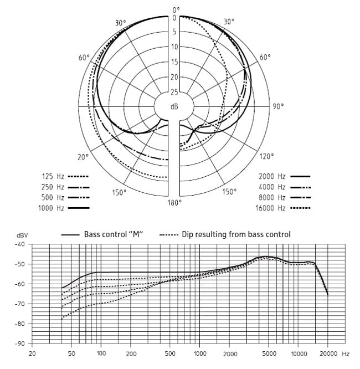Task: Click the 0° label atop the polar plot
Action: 176,9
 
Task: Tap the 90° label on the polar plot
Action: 277,106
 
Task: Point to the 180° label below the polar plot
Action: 174,203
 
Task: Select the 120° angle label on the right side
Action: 266,157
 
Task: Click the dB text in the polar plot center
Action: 174,106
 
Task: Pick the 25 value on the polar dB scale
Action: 174,92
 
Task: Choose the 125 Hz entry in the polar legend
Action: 54,176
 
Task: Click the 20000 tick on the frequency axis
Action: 328,353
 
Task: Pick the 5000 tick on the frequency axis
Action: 268,353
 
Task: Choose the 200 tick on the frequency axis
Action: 131,353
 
